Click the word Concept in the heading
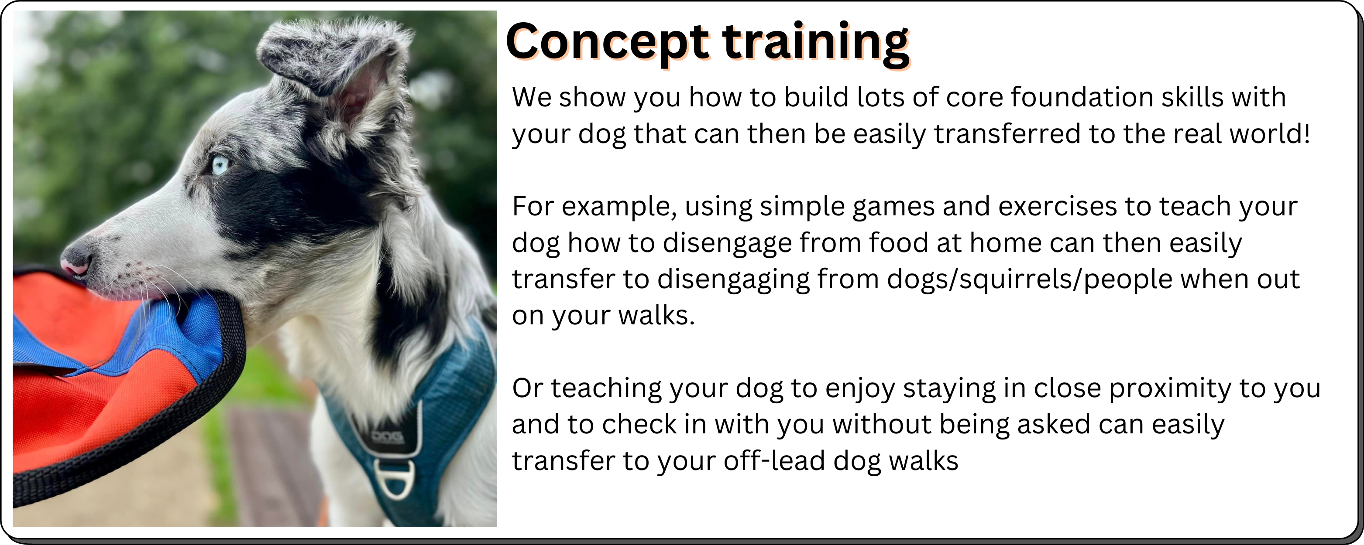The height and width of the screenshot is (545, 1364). coord(607,42)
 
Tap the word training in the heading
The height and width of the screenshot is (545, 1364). coord(815,42)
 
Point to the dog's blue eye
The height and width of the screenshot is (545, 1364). coord(220,164)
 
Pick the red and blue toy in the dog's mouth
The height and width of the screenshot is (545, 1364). coord(122,381)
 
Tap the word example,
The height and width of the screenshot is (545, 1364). coord(619,208)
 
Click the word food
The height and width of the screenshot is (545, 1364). coord(899,243)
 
